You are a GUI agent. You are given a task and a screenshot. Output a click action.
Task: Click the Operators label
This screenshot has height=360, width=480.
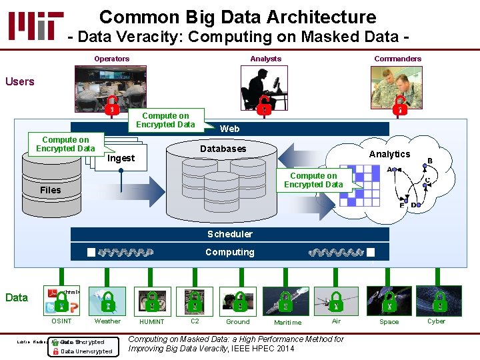(112, 59)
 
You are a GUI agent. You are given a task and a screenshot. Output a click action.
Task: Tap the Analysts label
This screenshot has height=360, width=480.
(265, 59)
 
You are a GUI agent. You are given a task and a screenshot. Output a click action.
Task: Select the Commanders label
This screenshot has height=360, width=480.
(397, 59)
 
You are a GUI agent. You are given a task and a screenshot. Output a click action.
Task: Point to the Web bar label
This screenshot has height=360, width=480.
(229, 129)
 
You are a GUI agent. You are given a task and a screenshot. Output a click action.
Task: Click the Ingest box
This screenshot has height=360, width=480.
(121, 158)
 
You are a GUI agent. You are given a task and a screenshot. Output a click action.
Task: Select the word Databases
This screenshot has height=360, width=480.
(223, 149)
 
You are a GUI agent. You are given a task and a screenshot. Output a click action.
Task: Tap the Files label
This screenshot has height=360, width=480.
(50, 190)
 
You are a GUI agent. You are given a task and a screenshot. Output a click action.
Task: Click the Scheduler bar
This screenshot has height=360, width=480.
(229, 234)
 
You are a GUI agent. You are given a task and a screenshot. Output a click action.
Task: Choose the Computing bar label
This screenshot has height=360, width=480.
(229, 252)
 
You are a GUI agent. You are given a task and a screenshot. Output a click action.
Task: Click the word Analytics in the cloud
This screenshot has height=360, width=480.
(389, 154)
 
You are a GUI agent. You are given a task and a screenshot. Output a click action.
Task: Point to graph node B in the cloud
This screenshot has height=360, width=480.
(429, 161)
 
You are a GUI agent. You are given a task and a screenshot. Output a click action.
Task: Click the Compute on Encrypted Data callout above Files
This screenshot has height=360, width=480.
(65, 144)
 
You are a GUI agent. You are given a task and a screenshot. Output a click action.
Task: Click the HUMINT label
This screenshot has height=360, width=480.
(151, 322)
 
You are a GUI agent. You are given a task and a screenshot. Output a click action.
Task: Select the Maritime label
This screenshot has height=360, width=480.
(287, 323)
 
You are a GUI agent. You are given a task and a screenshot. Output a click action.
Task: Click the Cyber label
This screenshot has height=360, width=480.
(436, 321)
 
